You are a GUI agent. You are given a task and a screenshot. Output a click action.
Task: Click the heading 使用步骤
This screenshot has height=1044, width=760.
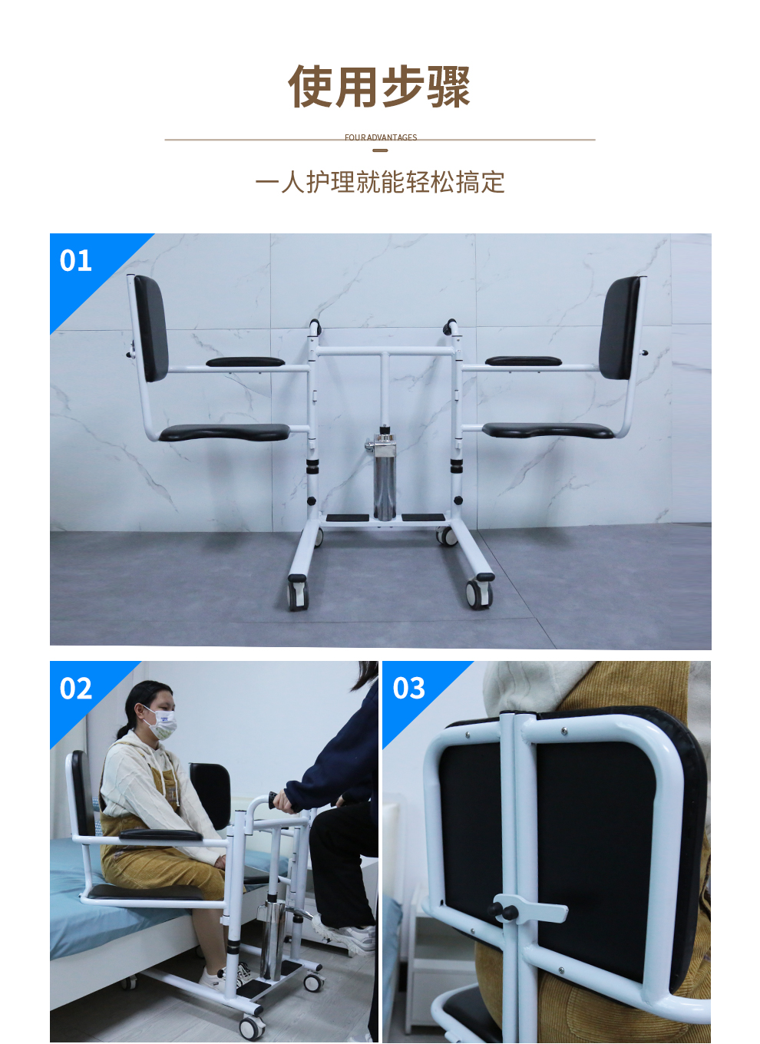(379, 87)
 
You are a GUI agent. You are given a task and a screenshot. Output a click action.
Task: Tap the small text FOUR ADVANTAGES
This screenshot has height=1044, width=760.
(381, 137)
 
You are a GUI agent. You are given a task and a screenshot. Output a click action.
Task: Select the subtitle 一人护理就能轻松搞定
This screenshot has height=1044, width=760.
(380, 182)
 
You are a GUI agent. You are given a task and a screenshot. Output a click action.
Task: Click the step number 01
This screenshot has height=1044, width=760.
(75, 260)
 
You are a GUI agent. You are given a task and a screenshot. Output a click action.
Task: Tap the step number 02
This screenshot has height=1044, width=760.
(76, 689)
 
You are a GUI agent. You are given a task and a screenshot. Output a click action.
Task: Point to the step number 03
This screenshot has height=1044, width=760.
(408, 689)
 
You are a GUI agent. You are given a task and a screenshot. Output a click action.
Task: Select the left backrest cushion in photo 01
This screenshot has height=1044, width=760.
(150, 328)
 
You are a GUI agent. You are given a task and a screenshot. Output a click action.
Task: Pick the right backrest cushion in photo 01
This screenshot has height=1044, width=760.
(620, 328)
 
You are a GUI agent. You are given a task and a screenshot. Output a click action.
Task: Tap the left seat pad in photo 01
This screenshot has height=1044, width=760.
(224, 432)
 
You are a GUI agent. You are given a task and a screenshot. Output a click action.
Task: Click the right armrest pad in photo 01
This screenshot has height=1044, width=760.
(524, 361)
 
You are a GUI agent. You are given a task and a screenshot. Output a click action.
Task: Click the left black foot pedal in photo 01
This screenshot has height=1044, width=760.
(347, 518)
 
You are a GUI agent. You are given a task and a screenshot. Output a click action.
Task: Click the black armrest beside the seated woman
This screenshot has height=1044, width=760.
(160, 834)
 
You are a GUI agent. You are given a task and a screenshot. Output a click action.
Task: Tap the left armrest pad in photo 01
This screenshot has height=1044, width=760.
(245, 362)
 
